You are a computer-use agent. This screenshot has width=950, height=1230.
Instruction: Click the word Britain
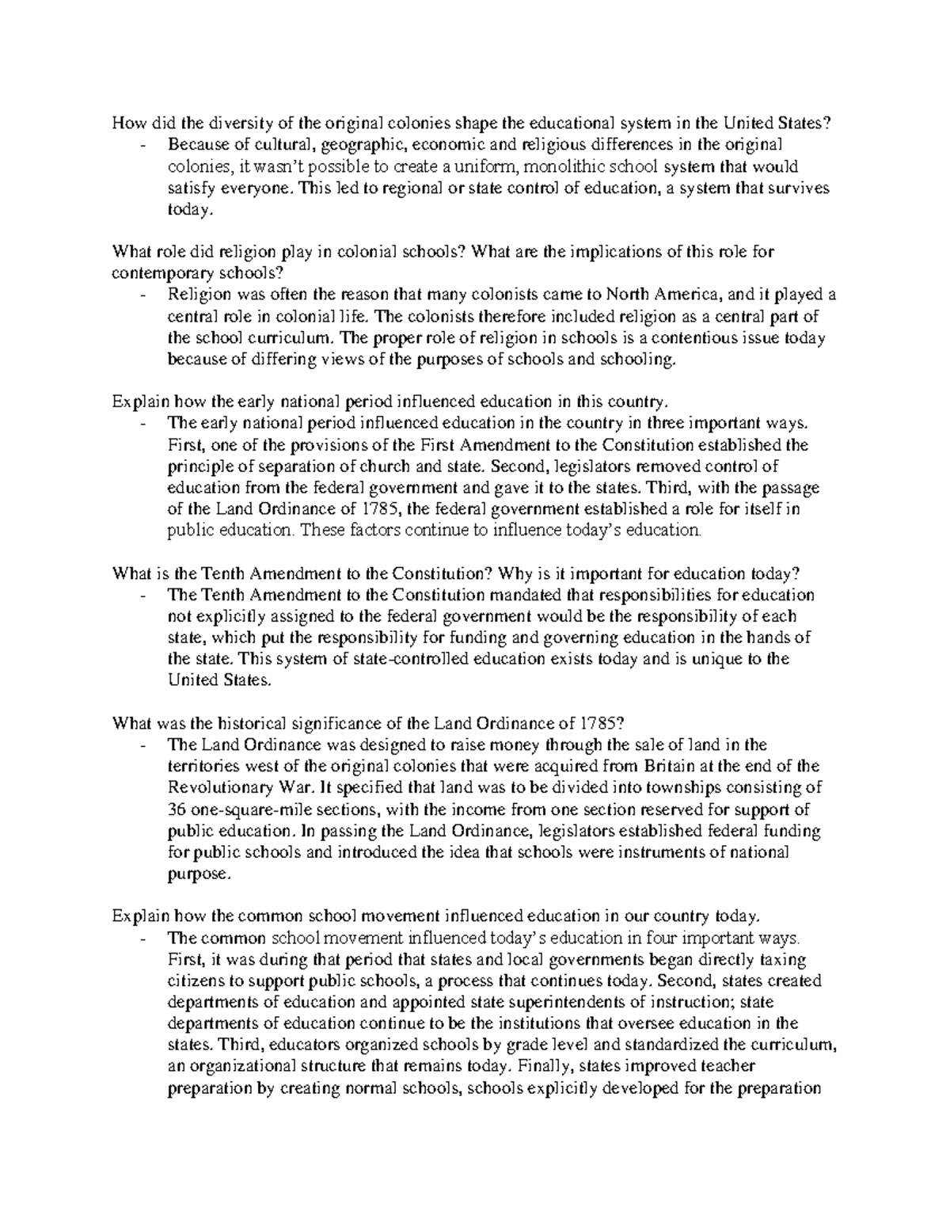click(x=670, y=766)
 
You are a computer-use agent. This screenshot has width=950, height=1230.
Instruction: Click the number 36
click(x=177, y=809)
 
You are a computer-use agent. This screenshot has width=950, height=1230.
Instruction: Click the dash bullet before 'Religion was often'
click(x=142, y=296)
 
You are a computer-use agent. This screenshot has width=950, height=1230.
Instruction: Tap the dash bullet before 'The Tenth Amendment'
click(x=142, y=596)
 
